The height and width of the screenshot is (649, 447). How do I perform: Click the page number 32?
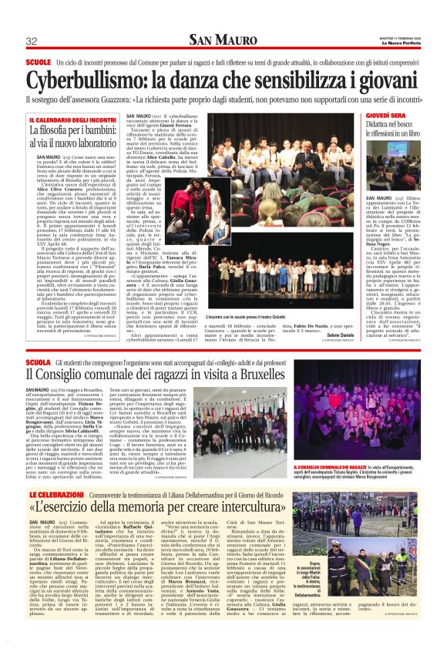pyautogui.click(x=32, y=41)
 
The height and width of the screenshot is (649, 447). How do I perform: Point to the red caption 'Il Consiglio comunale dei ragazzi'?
pyautogui.click(x=328, y=446)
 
